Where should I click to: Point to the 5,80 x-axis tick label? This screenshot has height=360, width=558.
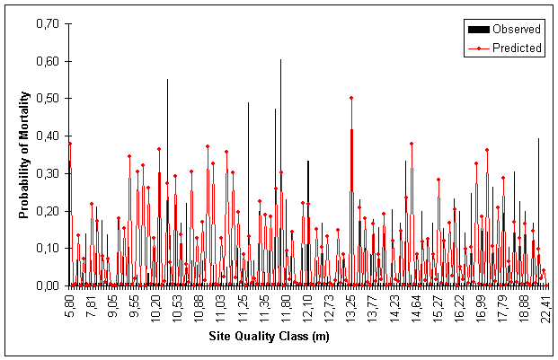click(x=69, y=304)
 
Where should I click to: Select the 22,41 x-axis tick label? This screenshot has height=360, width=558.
click(x=545, y=306)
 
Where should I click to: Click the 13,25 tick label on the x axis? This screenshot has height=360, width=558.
click(x=350, y=306)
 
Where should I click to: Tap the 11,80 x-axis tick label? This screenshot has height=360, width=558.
click(x=286, y=306)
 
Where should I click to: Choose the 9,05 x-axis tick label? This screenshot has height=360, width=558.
click(x=112, y=304)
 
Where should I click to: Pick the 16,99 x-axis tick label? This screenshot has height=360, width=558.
click(x=481, y=306)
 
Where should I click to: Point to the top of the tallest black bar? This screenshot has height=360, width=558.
click(x=280, y=59)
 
